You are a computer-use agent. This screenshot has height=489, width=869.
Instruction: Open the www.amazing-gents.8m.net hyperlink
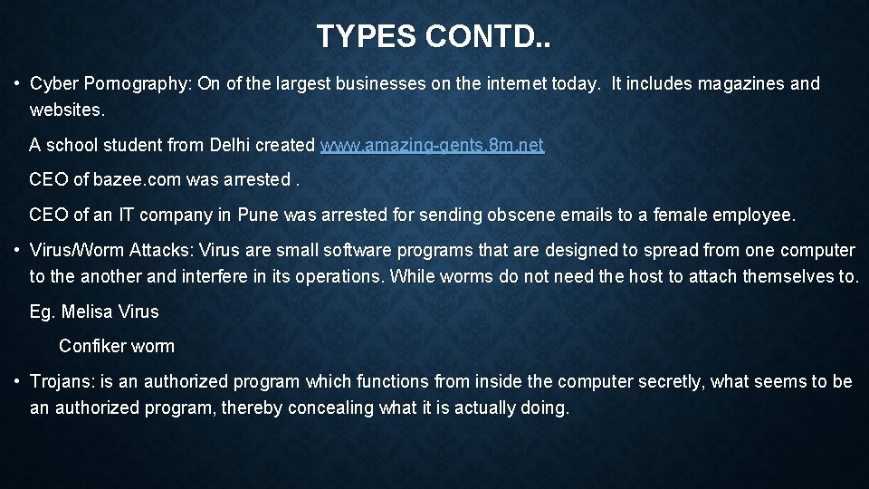coord(432,145)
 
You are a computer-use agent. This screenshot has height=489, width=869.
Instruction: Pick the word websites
coord(67,110)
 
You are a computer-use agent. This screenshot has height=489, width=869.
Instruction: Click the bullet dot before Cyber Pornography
coord(17,84)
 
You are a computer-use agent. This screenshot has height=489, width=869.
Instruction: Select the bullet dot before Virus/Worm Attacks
coord(17,250)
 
